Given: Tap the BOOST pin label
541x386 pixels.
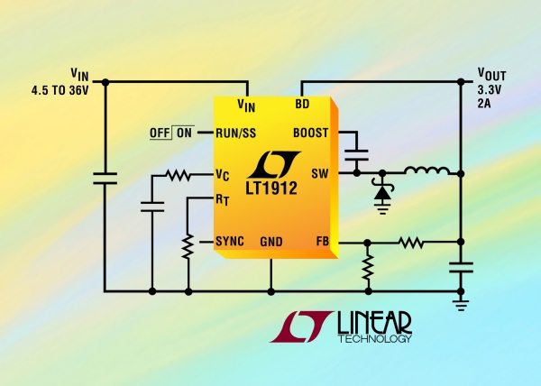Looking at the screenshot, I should [x=311, y=133].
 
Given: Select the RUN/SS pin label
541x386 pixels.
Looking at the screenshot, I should [x=234, y=133].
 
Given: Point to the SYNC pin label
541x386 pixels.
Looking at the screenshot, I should [x=229, y=242].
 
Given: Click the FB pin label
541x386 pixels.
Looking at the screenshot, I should [x=321, y=242].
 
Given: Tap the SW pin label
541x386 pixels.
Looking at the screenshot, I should [x=320, y=173].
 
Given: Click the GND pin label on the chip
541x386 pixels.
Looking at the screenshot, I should [x=271, y=242].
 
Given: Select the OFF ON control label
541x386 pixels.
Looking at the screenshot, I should [x=171, y=133].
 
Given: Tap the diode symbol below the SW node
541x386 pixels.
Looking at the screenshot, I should [x=381, y=191].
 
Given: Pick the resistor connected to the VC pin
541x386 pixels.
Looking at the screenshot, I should [x=176, y=174].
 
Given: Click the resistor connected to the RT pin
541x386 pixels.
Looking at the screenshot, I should [x=188, y=245].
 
